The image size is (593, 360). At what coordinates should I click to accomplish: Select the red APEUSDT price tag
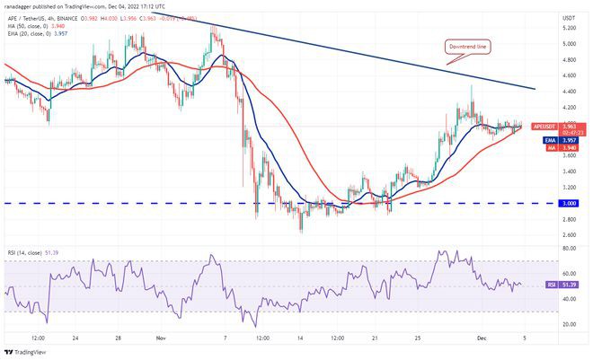(545, 127)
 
